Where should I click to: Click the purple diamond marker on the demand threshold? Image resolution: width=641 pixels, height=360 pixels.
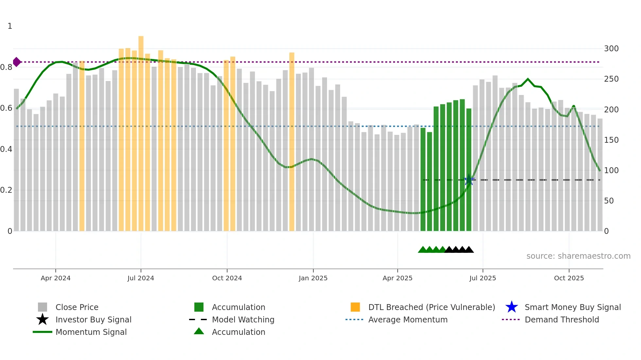pyautogui.click(x=17, y=62)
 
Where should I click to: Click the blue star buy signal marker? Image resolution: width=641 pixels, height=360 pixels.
pyautogui.click(x=469, y=180)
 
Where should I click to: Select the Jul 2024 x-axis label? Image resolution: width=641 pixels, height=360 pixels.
pyautogui.click(x=141, y=278)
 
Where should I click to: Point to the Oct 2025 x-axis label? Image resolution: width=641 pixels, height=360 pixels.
pyautogui.click(x=569, y=278)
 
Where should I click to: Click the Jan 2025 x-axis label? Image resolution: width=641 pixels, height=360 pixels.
pyautogui.click(x=313, y=278)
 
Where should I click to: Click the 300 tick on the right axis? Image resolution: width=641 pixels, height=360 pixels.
pyautogui.click(x=611, y=49)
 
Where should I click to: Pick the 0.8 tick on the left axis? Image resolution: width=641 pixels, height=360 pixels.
pyautogui.click(x=6, y=67)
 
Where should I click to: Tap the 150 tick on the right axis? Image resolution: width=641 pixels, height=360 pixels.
pyautogui.click(x=611, y=140)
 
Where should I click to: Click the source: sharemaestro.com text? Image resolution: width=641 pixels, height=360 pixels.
pyautogui.click(x=578, y=256)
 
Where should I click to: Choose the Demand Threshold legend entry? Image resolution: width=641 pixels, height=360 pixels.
pyautogui.click(x=562, y=319)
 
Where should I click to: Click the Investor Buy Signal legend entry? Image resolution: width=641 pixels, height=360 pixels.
pyautogui.click(x=93, y=319)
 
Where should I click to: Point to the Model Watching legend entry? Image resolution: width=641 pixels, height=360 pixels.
pyautogui.click(x=243, y=319)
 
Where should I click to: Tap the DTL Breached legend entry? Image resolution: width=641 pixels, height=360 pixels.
pyautogui.click(x=431, y=307)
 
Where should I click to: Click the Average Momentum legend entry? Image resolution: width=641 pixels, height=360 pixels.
pyautogui.click(x=407, y=319)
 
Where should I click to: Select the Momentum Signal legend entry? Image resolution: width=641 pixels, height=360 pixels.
pyautogui.click(x=91, y=332)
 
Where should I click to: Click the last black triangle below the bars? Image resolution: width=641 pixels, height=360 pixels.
pyautogui.click(x=469, y=250)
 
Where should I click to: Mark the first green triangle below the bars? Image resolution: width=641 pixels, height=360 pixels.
pyautogui.click(x=423, y=250)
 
